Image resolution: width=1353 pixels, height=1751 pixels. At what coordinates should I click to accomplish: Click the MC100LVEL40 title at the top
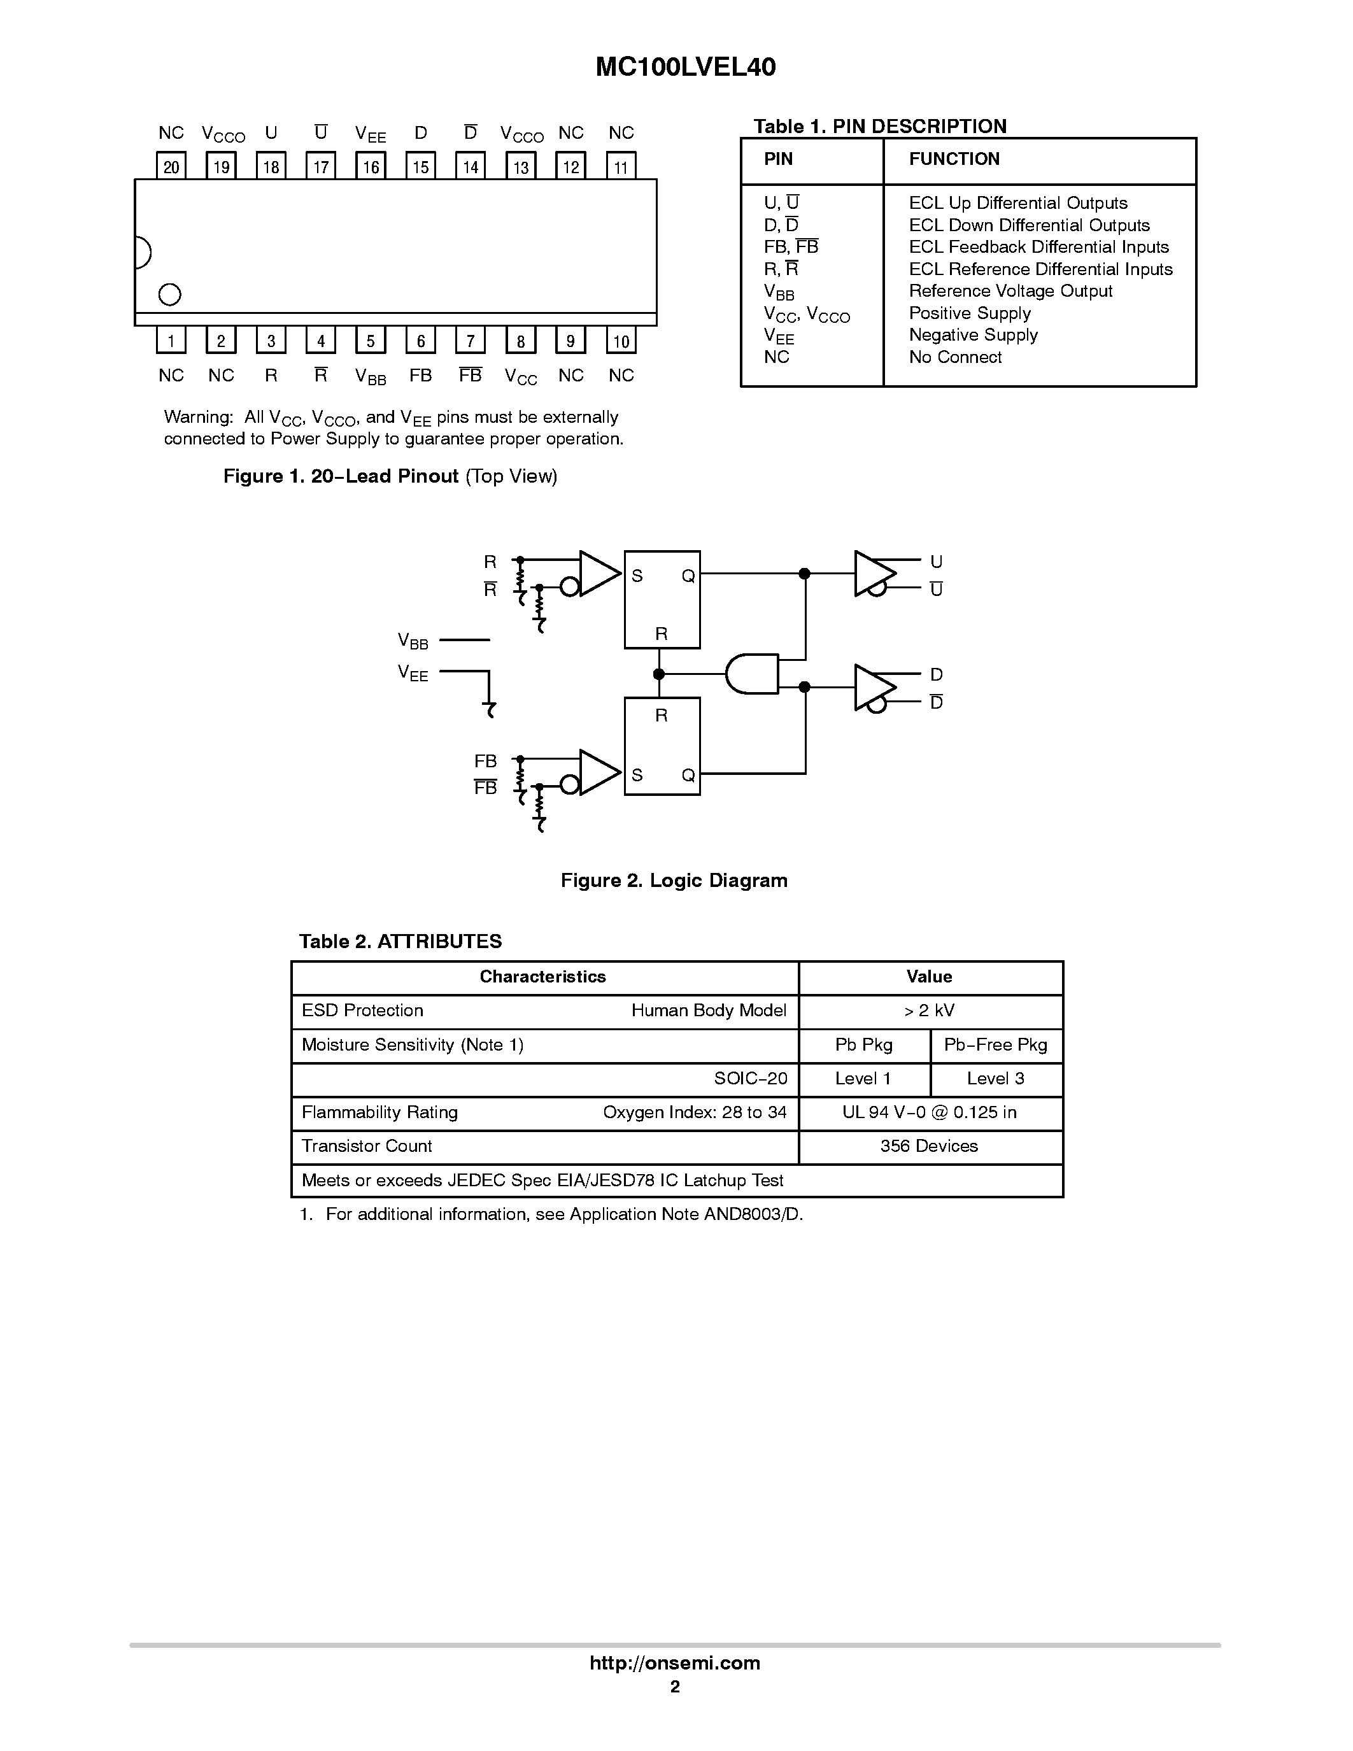click(685, 67)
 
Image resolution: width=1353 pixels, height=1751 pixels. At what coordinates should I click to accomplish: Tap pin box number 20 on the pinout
click(171, 166)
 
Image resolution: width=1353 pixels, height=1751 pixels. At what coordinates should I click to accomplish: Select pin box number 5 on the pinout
click(371, 341)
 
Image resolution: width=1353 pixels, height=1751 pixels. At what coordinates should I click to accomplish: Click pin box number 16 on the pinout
click(371, 166)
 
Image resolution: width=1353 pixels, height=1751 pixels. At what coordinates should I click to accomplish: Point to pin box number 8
click(520, 341)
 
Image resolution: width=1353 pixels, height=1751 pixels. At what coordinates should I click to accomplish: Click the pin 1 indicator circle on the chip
click(170, 295)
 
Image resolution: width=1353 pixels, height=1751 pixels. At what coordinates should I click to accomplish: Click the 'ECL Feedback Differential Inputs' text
click(1038, 247)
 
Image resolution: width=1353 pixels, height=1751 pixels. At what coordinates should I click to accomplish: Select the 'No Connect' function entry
click(954, 357)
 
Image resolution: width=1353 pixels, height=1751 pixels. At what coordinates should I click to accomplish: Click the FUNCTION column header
click(954, 159)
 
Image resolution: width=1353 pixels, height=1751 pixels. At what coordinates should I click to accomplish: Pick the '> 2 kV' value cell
click(929, 1010)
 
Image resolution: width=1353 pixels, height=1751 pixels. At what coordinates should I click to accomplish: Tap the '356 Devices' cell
click(929, 1145)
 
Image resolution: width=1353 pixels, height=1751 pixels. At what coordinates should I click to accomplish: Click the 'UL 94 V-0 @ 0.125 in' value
click(929, 1112)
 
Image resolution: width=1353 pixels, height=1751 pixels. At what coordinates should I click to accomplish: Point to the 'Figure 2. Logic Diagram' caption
click(673, 881)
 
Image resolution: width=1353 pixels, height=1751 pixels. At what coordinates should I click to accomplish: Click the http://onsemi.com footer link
click(674, 1662)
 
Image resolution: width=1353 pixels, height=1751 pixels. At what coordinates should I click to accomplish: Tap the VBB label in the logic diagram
click(413, 641)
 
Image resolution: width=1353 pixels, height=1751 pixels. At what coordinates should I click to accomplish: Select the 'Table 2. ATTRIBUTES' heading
click(400, 941)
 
